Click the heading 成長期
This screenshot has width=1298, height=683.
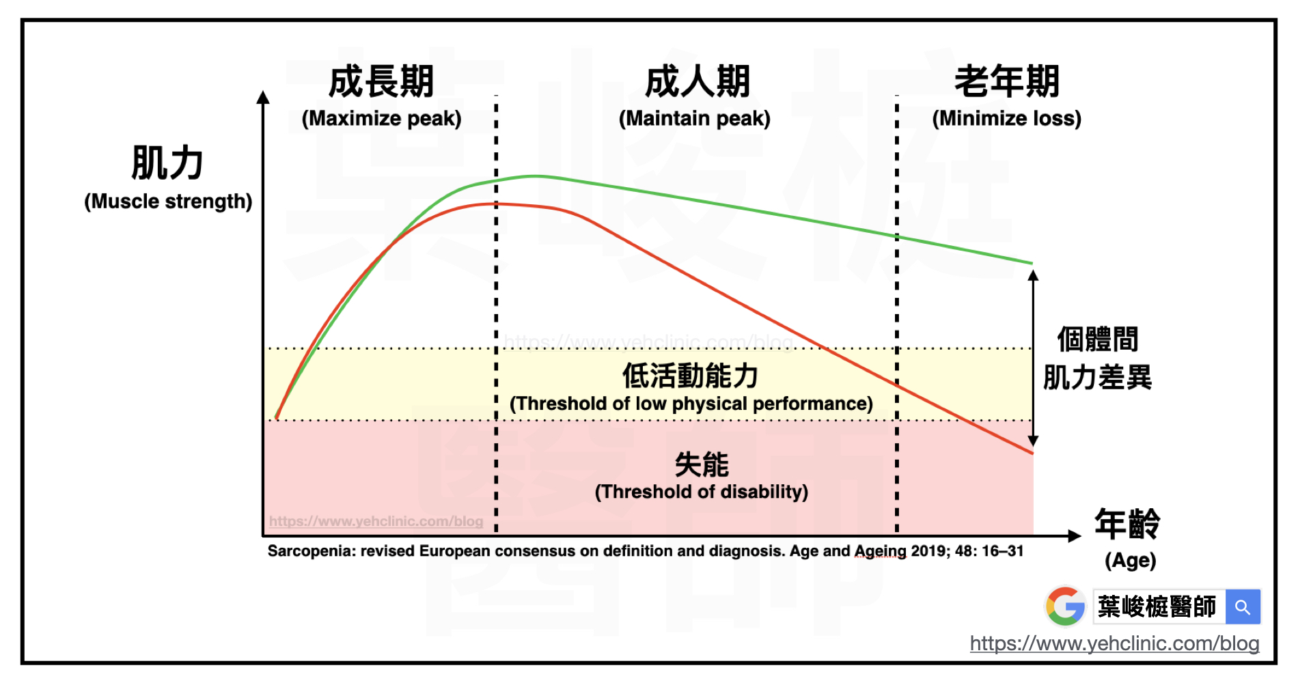click(381, 82)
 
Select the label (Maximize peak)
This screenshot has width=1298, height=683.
click(381, 119)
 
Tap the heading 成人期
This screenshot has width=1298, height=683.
click(698, 82)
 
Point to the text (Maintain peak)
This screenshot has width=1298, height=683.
click(694, 119)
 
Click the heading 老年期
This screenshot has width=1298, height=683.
click(1006, 82)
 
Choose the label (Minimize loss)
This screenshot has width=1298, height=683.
click(1006, 119)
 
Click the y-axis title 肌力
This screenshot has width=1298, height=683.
click(167, 163)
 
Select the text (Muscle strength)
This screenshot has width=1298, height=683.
click(168, 201)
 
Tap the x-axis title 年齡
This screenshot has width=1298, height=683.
click(1127, 525)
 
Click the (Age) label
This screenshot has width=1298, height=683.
click(1130, 561)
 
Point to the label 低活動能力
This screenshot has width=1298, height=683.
click(690, 376)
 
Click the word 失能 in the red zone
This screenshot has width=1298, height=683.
click(702, 464)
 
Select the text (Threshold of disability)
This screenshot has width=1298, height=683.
click(701, 492)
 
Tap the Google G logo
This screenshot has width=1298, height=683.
click(1065, 606)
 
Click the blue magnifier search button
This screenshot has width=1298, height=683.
click(1243, 607)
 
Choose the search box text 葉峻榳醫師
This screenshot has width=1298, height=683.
click(1157, 607)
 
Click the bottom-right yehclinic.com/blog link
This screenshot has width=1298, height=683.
click(1114, 643)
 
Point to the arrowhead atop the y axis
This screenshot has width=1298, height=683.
click(263, 98)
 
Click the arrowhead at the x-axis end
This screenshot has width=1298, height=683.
click(1074, 536)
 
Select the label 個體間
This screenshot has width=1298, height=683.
click(1097, 339)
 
